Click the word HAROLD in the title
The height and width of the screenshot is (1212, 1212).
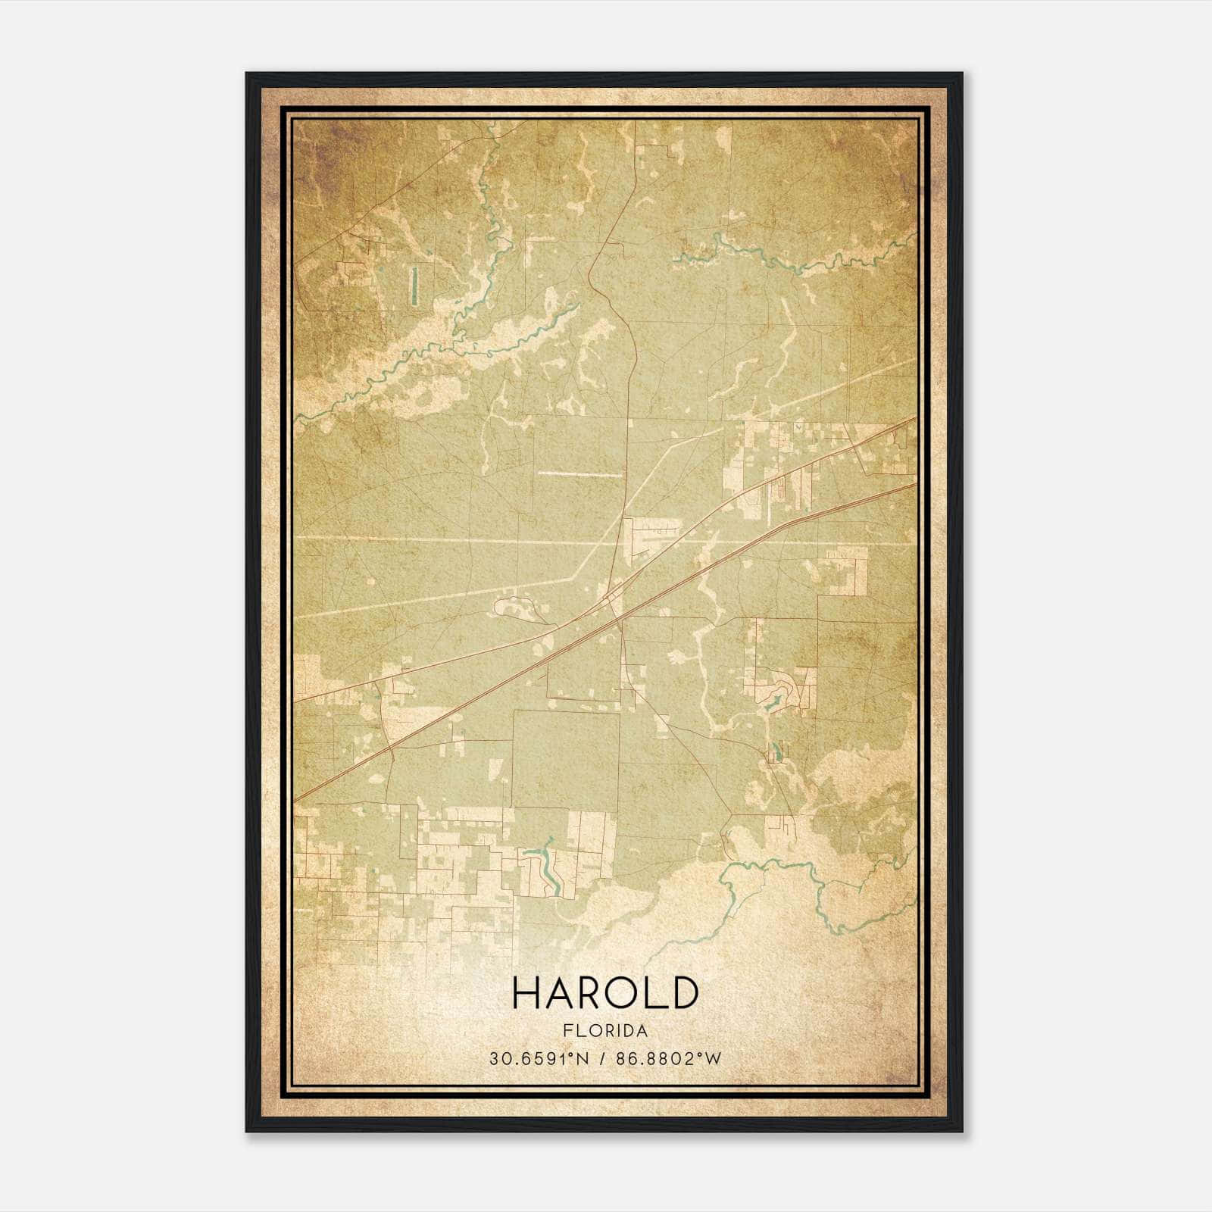pyautogui.click(x=604, y=993)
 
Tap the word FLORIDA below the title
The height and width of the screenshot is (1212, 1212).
pyautogui.click(x=604, y=1031)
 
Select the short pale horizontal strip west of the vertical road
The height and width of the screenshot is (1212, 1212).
pyautogui.click(x=579, y=474)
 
